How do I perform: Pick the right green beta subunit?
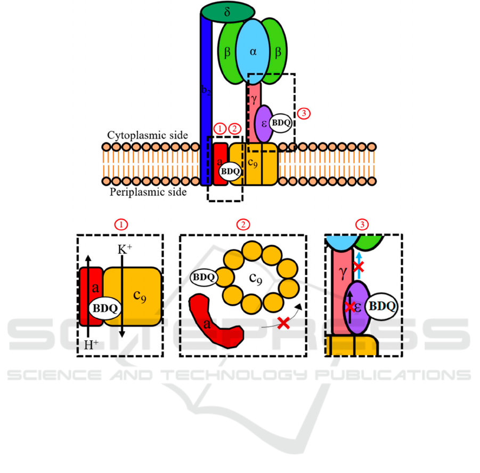click(x=278, y=53)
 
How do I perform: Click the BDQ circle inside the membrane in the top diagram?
click(x=230, y=172)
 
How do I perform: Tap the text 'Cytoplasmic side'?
click(x=148, y=134)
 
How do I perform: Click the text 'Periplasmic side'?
click(x=148, y=192)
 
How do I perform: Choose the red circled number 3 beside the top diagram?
click(x=304, y=113)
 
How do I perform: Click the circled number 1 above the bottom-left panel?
click(x=123, y=224)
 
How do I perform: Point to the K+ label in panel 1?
click(x=124, y=249)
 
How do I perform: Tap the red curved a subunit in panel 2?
click(x=215, y=326)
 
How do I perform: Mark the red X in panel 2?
click(x=283, y=322)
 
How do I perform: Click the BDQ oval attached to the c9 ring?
click(x=204, y=276)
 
